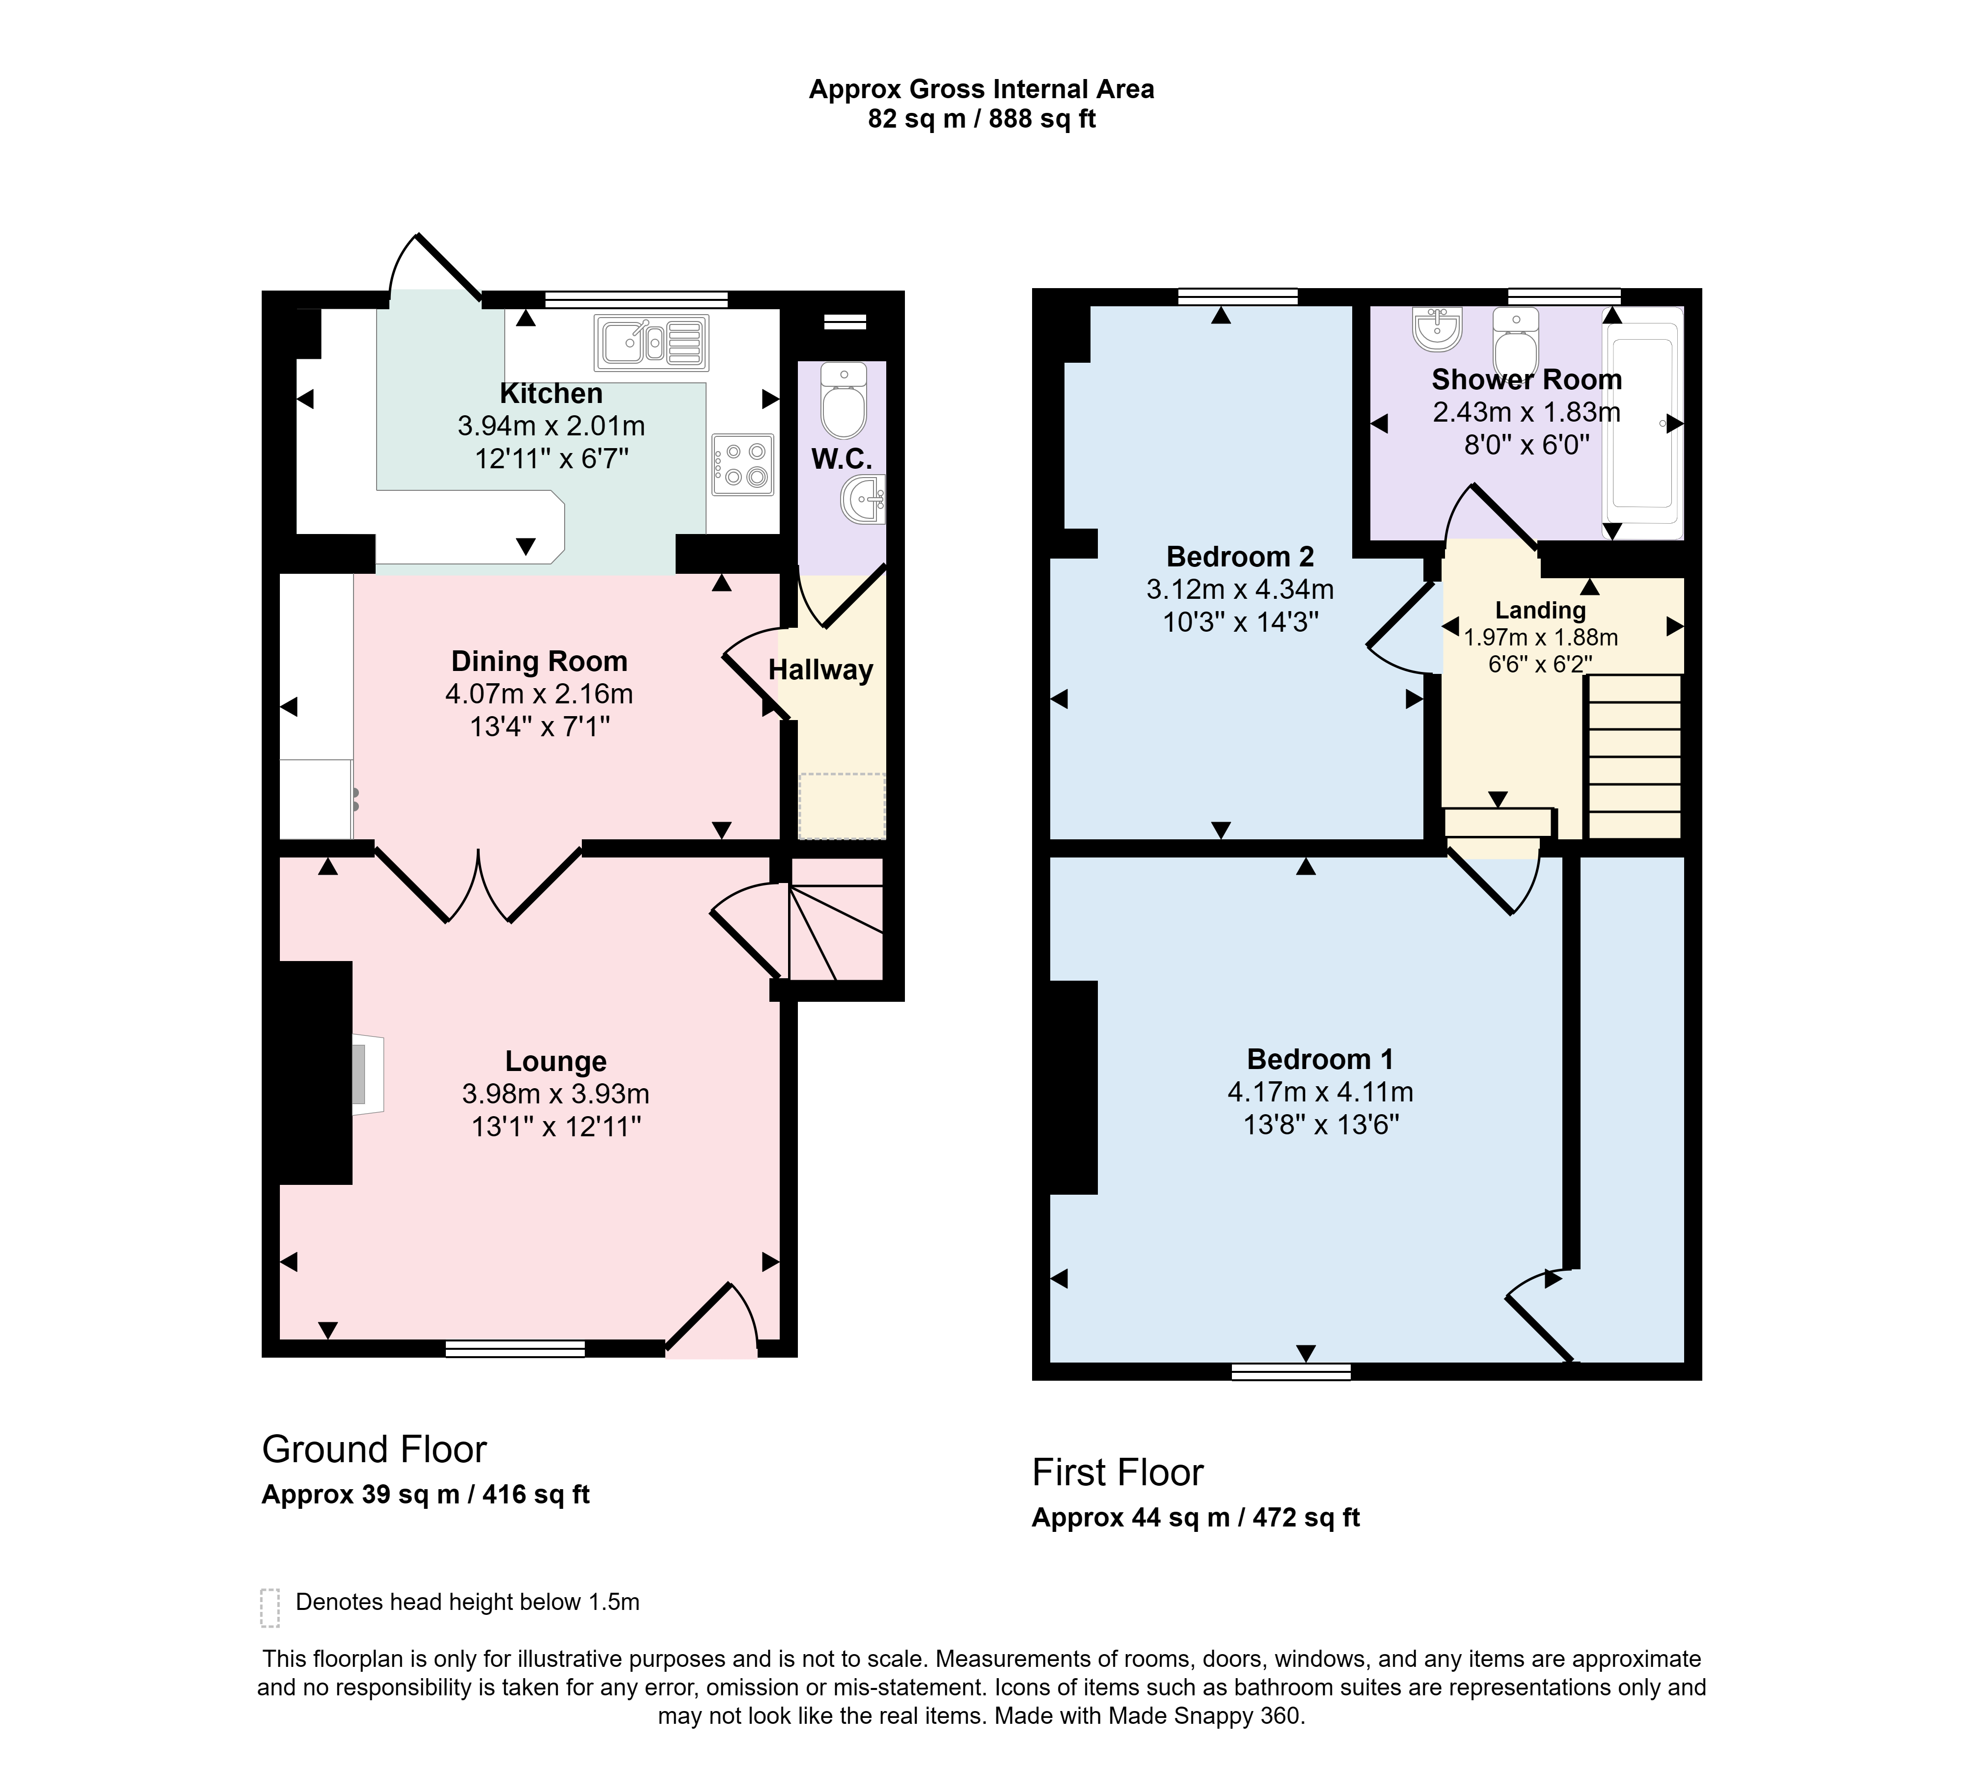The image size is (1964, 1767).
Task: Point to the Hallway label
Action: [821, 670]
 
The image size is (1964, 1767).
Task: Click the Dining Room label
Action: [539, 661]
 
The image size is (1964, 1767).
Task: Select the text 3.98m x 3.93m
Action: [556, 1094]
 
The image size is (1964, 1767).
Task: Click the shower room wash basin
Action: [1438, 328]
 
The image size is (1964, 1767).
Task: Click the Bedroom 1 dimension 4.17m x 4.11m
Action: [1320, 1092]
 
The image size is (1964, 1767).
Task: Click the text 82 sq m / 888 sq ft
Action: [982, 118]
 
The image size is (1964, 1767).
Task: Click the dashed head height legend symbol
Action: [270, 1608]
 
